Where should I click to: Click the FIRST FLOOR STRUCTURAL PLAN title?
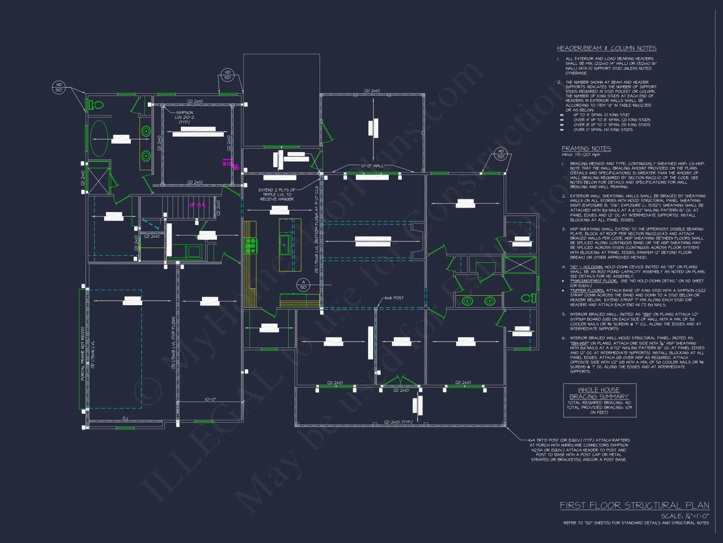point(634,505)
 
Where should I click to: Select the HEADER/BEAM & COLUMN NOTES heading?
point(606,49)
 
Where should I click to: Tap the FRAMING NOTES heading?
point(586,148)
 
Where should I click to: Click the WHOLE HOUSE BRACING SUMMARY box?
point(599,400)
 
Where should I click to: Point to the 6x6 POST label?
point(394,298)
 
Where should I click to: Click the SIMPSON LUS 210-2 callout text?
point(184,117)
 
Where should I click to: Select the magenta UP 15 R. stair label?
point(197,205)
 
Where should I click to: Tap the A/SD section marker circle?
point(303,285)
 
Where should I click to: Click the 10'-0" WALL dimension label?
point(372,166)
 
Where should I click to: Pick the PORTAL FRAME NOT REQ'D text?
point(83,354)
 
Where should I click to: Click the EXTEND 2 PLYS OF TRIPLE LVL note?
point(277,194)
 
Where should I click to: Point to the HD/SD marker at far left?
point(59,87)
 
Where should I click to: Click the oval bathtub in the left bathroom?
point(99,139)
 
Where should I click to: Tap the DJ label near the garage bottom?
point(125,418)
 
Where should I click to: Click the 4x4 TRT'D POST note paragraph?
point(578,450)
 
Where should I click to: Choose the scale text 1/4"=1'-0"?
point(685,516)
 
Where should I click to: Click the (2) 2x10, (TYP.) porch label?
point(398,422)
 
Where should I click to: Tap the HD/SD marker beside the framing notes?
point(501,154)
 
